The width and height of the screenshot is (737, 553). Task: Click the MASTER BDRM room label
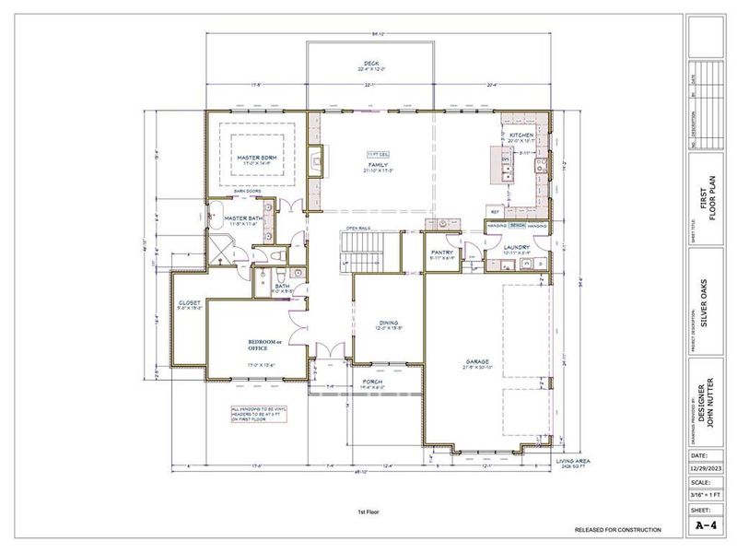pyautogui.click(x=258, y=158)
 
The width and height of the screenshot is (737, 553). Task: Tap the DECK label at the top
pyautogui.click(x=370, y=65)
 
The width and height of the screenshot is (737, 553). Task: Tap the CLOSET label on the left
pyautogui.click(x=190, y=303)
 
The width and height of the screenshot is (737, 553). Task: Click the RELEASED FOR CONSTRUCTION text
pyautogui.click(x=617, y=530)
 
